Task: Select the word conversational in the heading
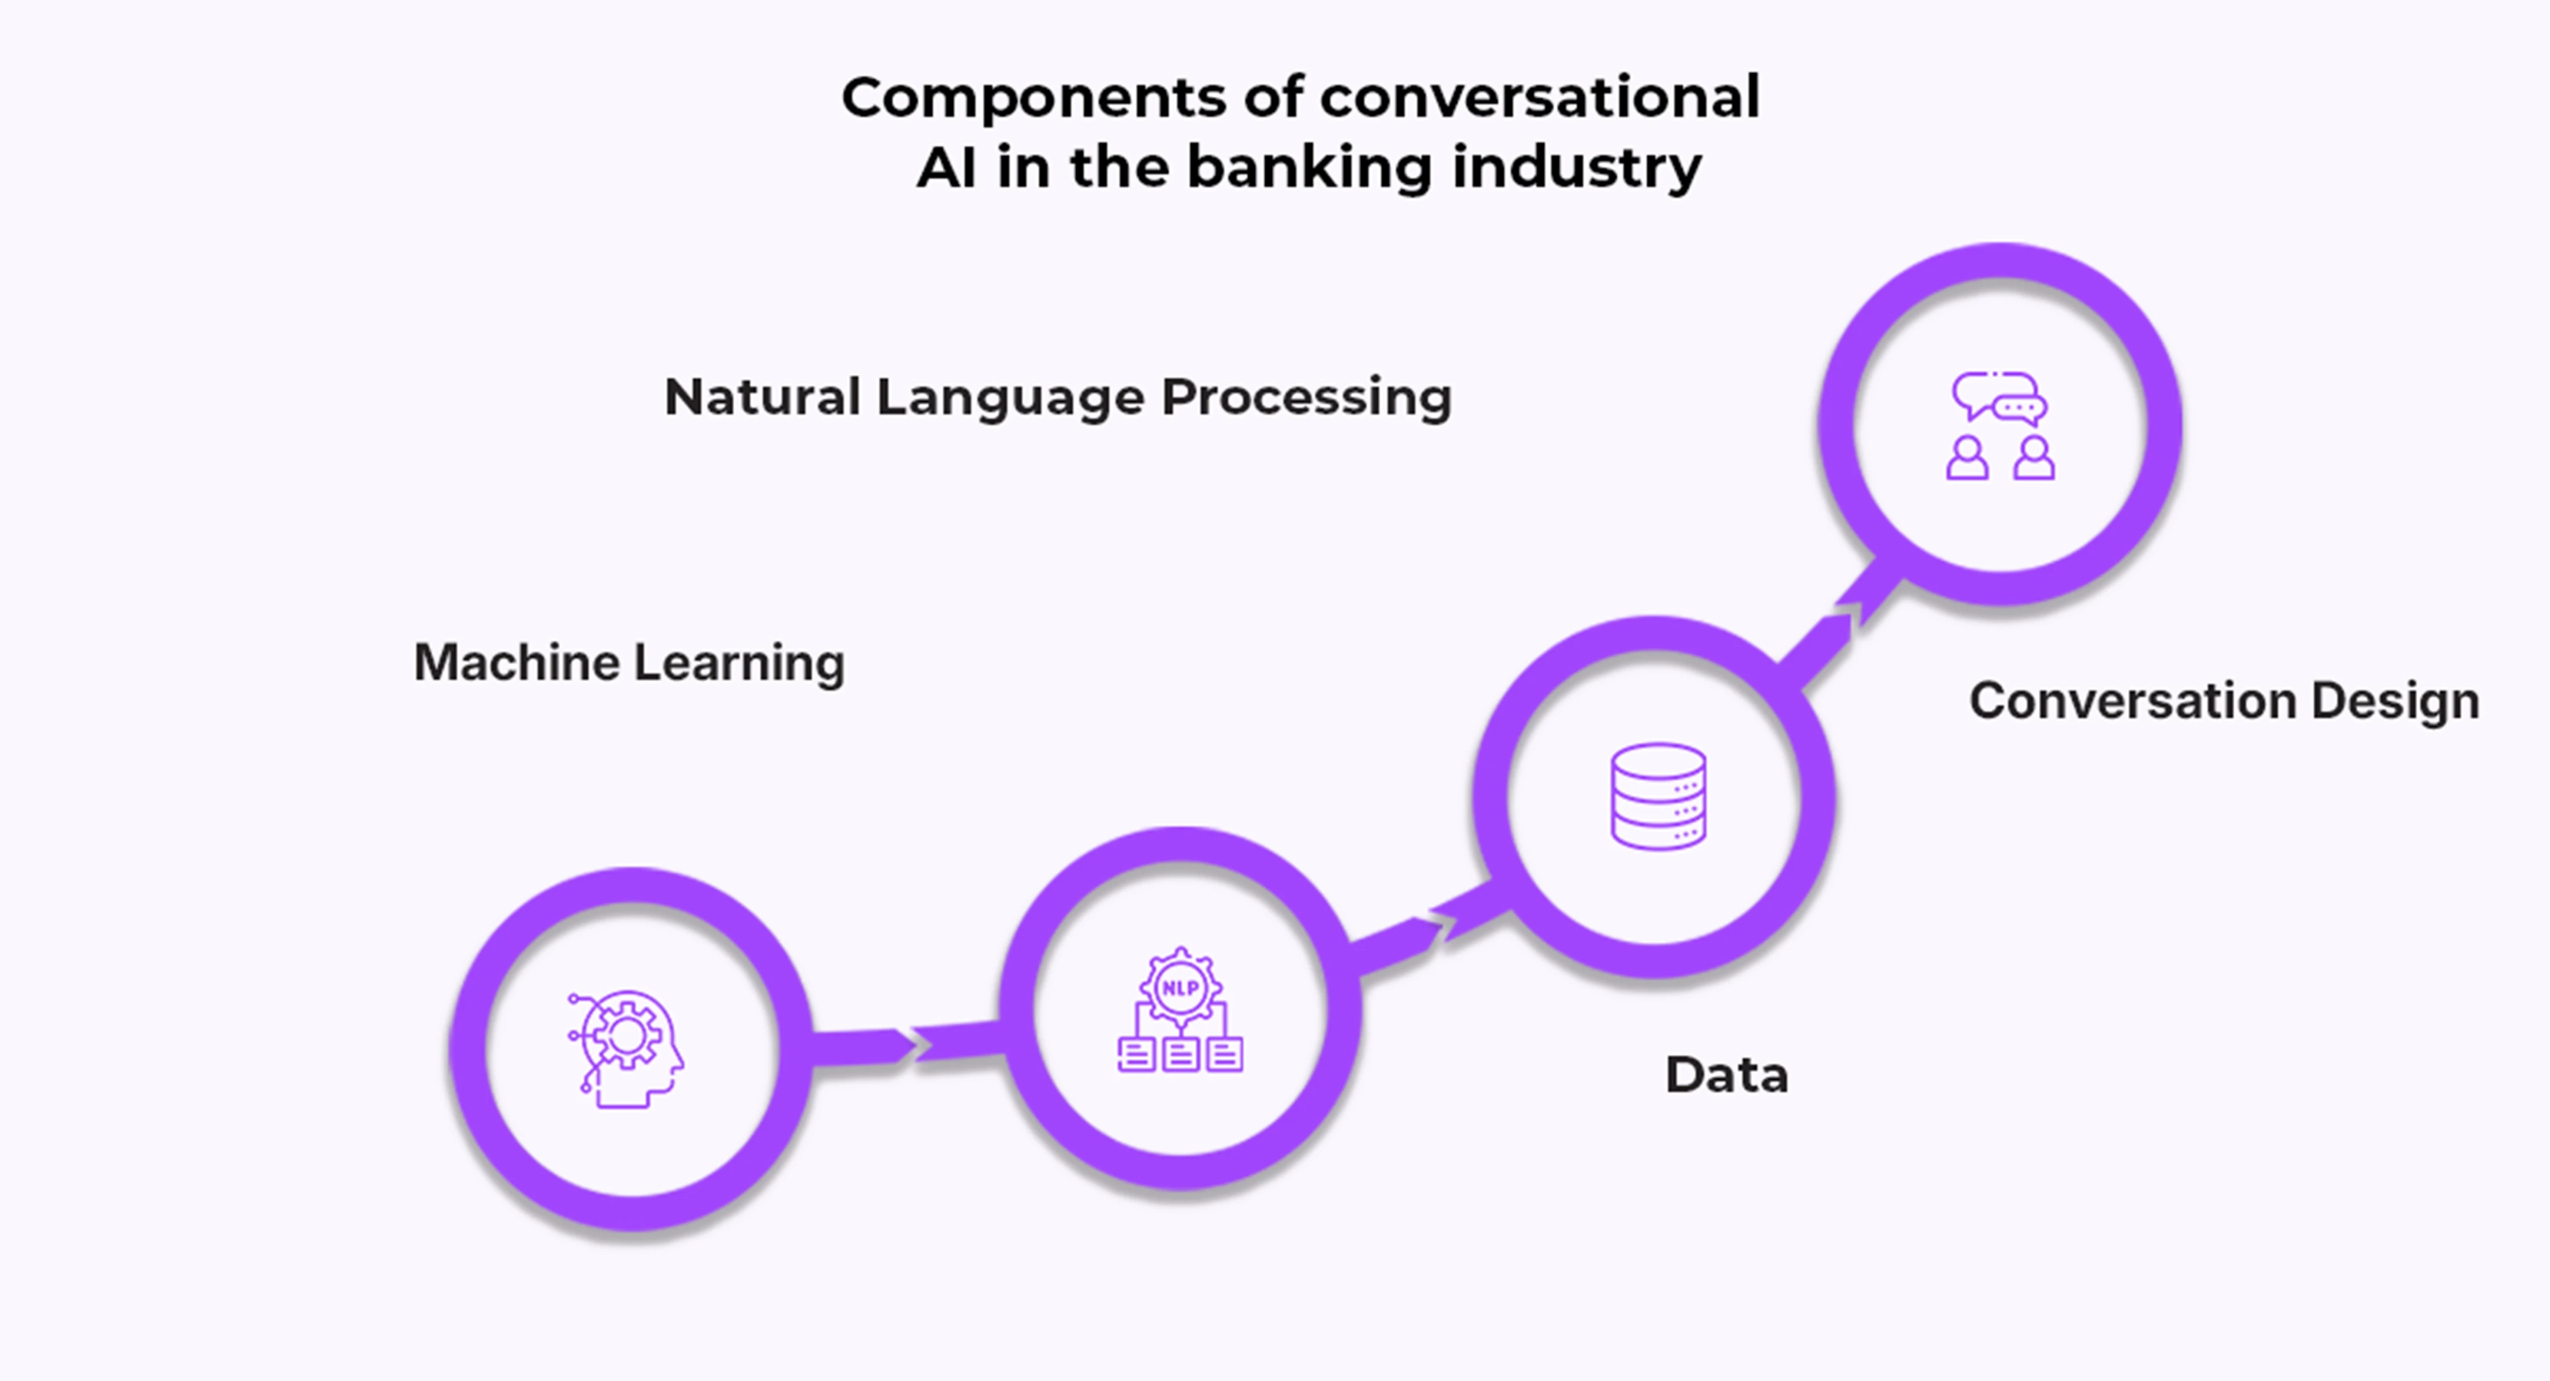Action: click(x=1539, y=98)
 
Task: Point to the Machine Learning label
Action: click(x=629, y=662)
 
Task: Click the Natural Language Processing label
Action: click(x=1057, y=398)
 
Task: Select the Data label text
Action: click(x=1727, y=1075)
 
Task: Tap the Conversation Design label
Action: click(x=2223, y=701)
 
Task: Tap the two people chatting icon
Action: click(x=2000, y=426)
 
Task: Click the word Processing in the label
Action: click(x=1306, y=398)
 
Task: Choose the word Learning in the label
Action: click(x=739, y=662)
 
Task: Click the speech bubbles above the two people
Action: click(x=2000, y=398)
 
